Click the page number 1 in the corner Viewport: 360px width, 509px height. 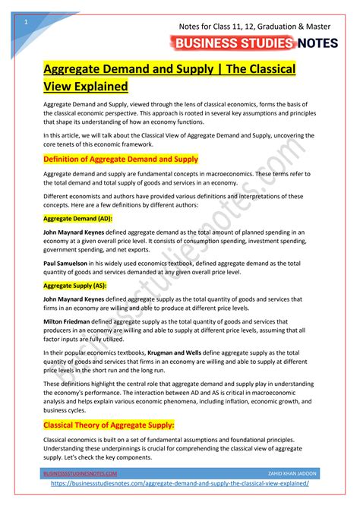26,21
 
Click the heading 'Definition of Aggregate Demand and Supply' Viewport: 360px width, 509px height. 120,159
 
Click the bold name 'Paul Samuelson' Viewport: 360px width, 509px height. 66,261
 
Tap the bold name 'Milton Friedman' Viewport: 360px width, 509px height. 66,323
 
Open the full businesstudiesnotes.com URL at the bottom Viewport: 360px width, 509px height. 180,484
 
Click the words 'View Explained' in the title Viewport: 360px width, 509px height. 84,86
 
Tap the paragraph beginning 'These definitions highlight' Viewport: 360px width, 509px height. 175,396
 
